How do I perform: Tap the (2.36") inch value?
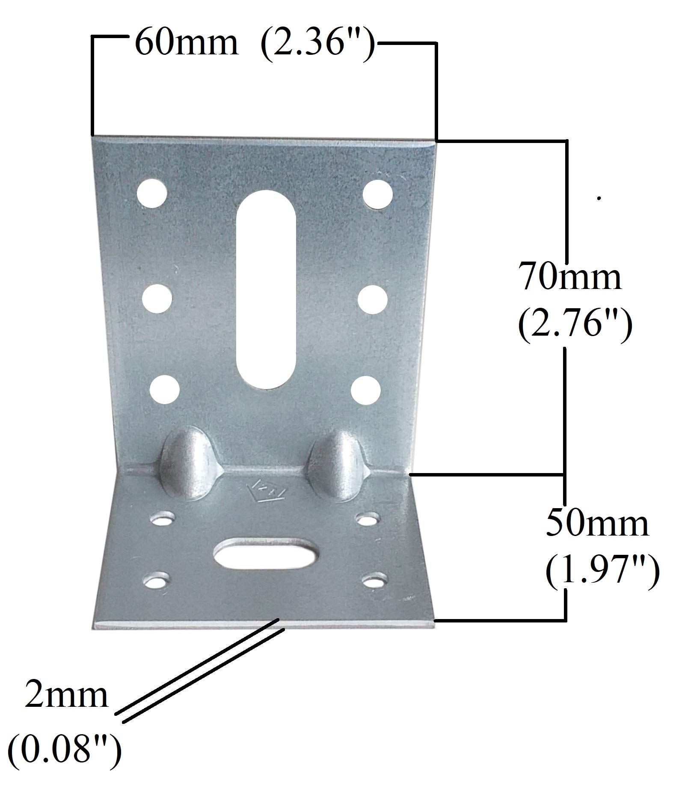point(318,44)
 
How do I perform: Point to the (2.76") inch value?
point(575,324)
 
